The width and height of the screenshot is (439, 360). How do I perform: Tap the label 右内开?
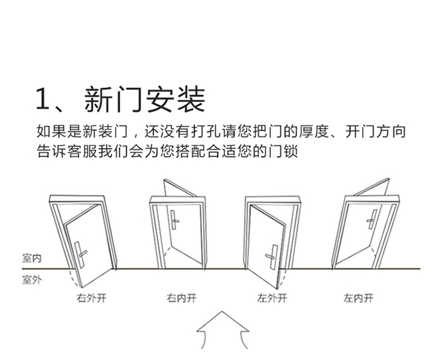[181, 299]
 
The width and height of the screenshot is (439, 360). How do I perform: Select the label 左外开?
[272, 299]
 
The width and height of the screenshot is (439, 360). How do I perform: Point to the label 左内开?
[358, 299]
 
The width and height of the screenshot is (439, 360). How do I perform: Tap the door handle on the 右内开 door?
[174, 221]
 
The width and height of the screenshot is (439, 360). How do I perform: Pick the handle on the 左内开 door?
[372, 221]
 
